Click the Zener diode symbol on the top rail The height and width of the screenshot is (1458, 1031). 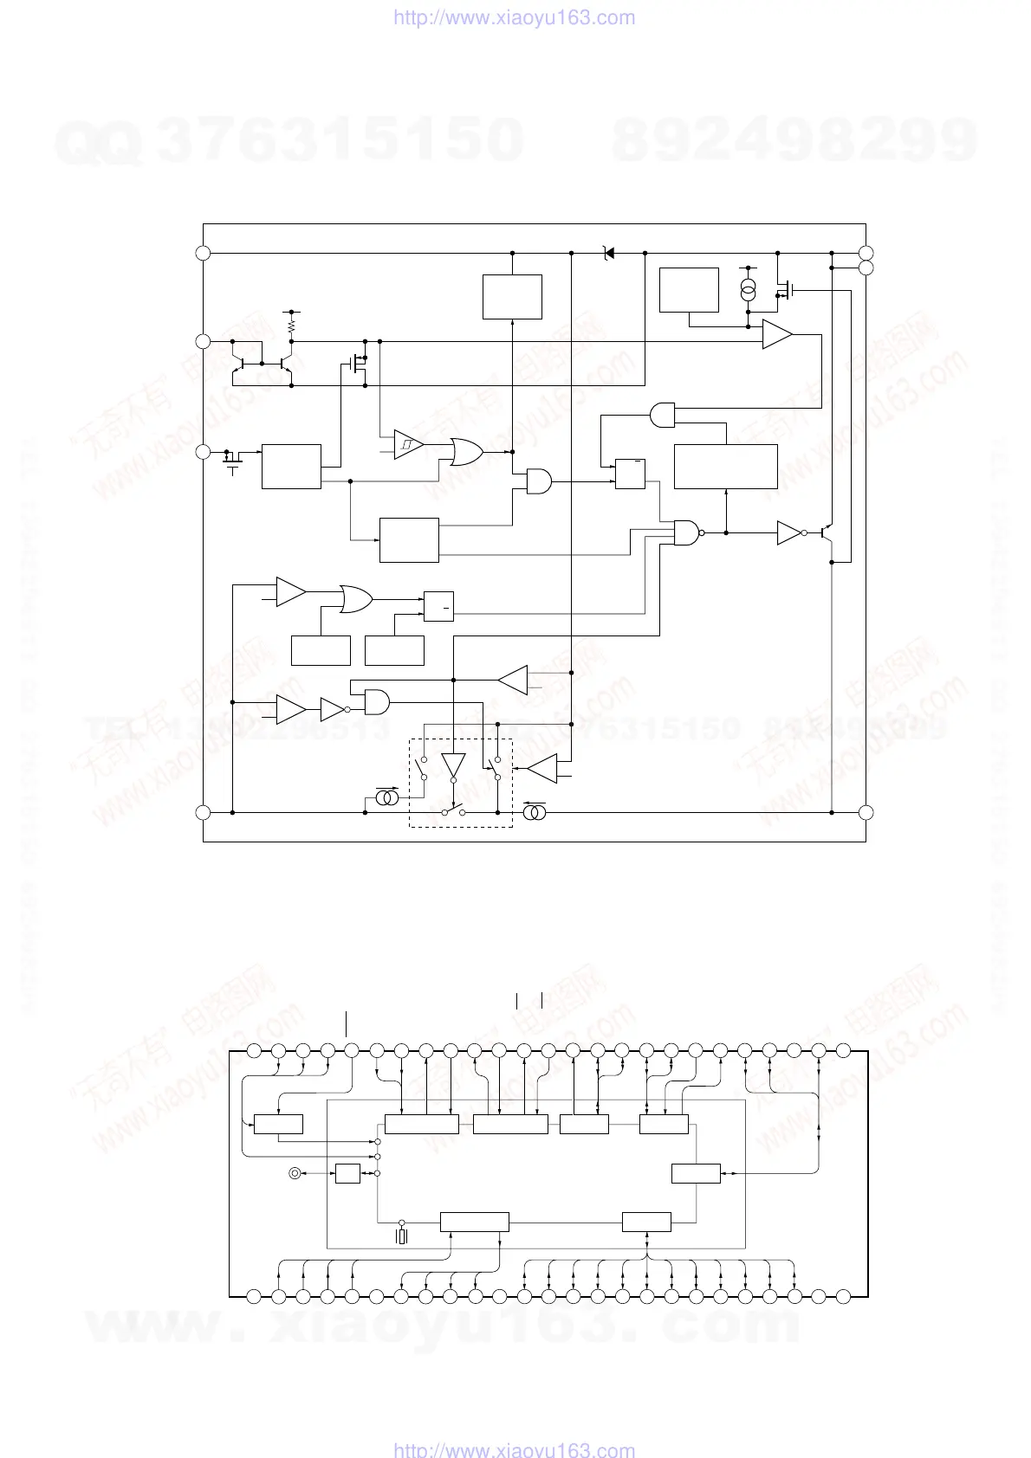coord(608,253)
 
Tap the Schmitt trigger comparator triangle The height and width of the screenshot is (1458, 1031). coord(408,445)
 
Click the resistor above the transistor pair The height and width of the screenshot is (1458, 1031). coord(292,326)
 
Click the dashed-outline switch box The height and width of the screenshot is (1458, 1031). coord(461,783)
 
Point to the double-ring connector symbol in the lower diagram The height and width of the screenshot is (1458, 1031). coord(295,1173)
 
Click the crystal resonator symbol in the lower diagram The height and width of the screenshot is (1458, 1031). coord(401,1236)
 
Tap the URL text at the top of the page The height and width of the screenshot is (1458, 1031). coord(515,17)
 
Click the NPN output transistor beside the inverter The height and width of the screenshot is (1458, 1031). coord(827,532)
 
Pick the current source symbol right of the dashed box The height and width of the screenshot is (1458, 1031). coord(534,812)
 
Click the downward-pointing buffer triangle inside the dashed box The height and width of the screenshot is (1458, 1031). coord(453,764)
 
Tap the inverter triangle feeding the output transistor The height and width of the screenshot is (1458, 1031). coord(789,532)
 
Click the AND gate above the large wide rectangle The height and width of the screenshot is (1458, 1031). coord(662,415)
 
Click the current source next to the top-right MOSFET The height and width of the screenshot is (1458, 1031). coord(749,290)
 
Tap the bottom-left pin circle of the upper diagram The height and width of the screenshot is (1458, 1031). coord(203,812)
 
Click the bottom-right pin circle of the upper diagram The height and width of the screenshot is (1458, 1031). coord(866,812)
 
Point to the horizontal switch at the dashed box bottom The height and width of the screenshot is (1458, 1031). coord(453,811)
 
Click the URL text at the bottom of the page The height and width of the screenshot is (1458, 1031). coord(515,1449)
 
